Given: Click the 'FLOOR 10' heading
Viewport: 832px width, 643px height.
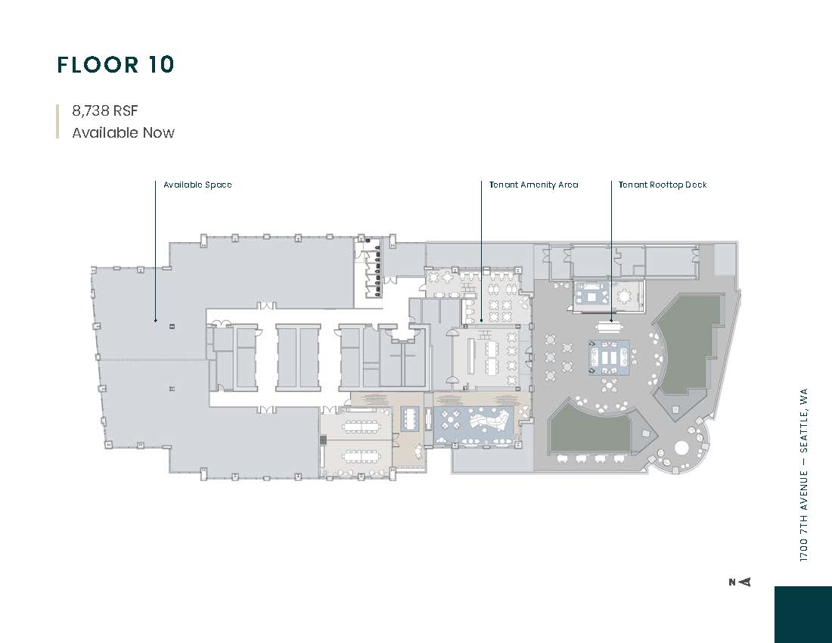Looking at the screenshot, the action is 116,65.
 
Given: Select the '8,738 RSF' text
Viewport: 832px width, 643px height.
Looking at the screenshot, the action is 105,110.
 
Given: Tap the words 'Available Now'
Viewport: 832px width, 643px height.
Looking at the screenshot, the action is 123,132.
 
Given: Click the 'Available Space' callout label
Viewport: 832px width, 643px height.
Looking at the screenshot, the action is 197,185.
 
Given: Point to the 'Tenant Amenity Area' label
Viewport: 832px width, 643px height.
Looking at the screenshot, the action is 534,185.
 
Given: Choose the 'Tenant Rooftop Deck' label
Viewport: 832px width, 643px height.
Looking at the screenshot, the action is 663,185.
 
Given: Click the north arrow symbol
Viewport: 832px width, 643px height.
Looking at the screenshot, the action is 740,582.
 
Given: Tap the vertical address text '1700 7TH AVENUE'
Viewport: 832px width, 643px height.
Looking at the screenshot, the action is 804,517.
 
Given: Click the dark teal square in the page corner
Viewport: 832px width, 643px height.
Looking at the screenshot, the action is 803,614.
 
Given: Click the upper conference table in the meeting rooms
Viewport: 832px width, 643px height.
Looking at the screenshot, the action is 360,425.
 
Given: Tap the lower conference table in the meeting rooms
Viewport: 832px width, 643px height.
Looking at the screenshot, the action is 360,455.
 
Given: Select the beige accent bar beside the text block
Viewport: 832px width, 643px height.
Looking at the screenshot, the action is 57,122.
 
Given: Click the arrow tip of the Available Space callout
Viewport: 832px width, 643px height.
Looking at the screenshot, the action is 155,321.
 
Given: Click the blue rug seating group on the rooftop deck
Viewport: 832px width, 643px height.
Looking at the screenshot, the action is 609,358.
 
